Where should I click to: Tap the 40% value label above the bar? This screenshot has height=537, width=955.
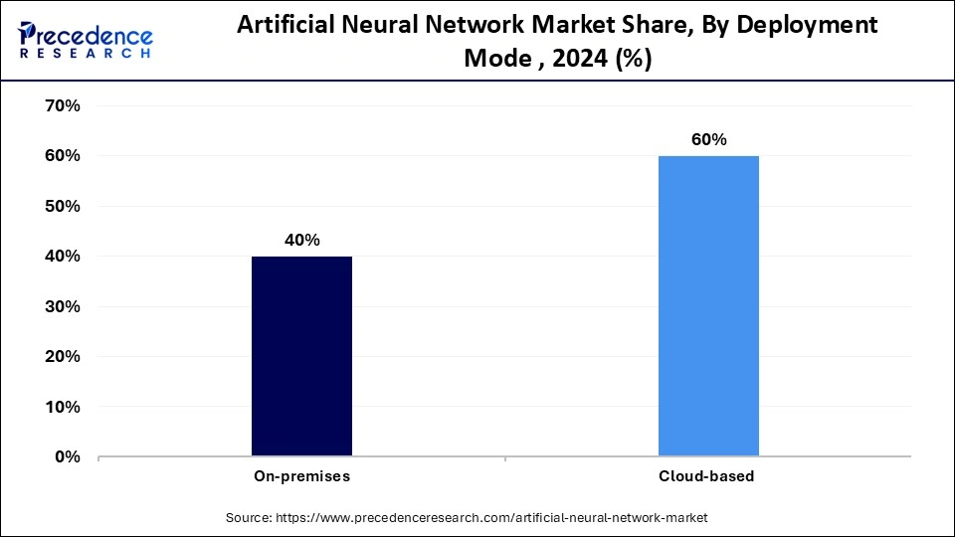tap(301, 240)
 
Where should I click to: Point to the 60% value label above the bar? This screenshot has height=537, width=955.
tap(708, 139)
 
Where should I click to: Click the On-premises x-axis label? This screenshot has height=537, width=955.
tap(300, 476)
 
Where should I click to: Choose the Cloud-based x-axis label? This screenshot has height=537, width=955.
tap(707, 476)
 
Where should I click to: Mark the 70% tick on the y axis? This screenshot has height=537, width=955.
tap(62, 106)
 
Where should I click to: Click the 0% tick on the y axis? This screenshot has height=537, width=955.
tap(67, 457)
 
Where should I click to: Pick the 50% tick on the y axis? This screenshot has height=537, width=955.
tap(62, 207)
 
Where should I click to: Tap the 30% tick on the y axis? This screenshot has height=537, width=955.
tap(62, 307)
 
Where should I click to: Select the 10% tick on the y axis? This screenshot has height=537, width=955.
tap(62, 408)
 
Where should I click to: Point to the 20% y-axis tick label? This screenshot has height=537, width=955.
tap(62, 357)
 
